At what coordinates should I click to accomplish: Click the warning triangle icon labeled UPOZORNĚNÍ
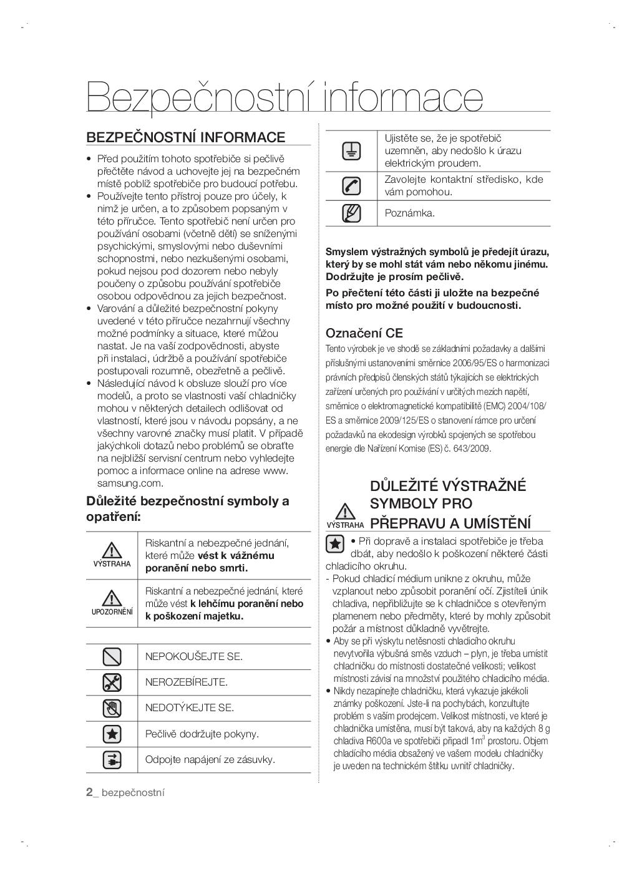[x=112, y=598]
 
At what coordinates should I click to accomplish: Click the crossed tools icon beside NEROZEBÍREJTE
[x=112, y=682]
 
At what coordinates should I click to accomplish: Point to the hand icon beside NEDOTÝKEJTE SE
[x=112, y=708]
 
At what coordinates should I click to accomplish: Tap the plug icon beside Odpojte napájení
[x=112, y=759]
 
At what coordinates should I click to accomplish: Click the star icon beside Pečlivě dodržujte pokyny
[x=112, y=734]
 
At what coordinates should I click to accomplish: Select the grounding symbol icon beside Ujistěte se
[x=351, y=150]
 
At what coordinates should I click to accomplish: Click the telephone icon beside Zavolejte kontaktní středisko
[x=351, y=185]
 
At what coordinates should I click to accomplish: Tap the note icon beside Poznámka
[x=351, y=213]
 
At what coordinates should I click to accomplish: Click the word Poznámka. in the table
[x=409, y=213]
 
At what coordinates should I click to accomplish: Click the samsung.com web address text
[x=130, y=483]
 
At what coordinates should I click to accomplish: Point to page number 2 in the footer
[x=89, y=792]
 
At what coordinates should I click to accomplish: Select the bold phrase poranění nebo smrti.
[x=197, y=568]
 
